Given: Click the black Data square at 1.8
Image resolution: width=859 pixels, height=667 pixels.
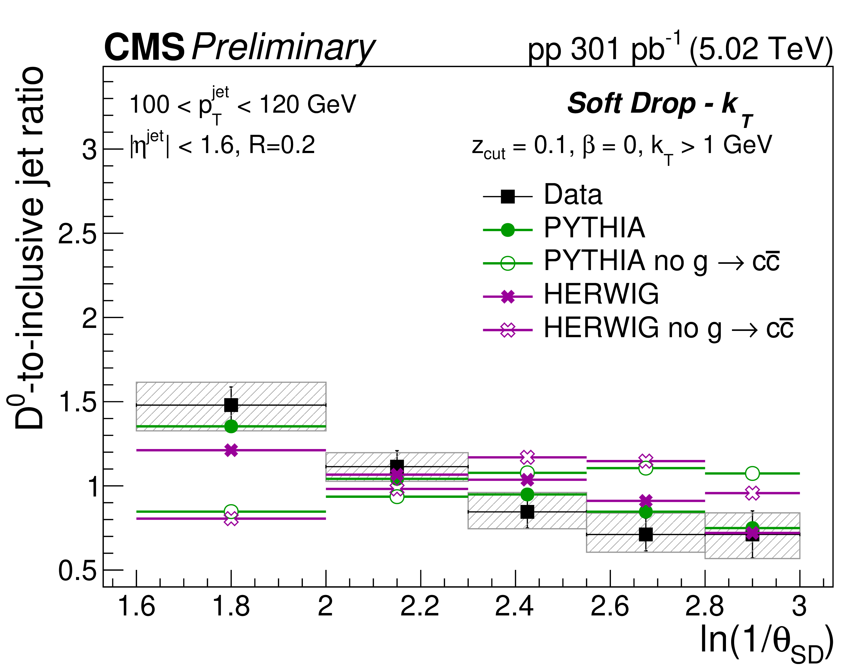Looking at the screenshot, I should (231, 405).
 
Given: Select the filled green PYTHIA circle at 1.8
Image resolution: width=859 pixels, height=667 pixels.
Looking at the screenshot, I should (231, 426).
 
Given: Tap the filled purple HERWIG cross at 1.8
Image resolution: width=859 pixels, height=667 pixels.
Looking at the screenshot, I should (231, 450).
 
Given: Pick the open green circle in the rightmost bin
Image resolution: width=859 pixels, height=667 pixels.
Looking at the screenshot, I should (752, 473).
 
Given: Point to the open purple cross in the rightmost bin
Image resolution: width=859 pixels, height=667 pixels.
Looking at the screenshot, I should (752, 493).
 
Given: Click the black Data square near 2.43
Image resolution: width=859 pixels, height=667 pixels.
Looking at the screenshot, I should (527, 512).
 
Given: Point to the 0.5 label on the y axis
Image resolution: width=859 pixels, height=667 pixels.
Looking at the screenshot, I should (77, 571).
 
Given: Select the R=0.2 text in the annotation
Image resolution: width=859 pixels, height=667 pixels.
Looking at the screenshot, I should (282, 145).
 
